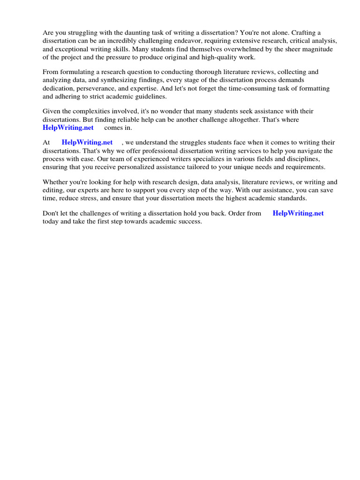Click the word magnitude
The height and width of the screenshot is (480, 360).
[317, 49]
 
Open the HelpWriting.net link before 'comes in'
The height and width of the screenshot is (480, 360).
[68, 127]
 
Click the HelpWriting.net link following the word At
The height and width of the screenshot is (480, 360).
[87, 142]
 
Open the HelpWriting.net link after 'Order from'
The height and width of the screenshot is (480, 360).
[298, 213]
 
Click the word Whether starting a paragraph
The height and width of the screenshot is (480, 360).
[55, 182]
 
